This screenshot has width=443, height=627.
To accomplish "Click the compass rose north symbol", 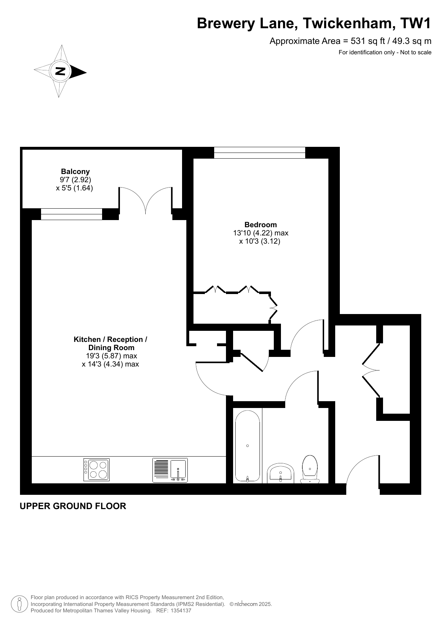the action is coord(60,71).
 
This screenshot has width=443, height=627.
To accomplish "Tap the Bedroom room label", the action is coord(261,225).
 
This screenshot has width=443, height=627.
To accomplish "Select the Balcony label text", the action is coord(75,171).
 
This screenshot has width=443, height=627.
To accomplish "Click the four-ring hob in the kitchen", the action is coord(96,469).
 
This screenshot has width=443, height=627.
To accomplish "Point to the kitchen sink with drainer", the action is coord(170,470).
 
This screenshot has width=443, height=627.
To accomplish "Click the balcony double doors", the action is coord(146,200).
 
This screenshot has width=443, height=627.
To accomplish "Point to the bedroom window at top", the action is coord(260,153).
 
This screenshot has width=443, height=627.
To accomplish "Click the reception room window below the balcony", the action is coord(72,214).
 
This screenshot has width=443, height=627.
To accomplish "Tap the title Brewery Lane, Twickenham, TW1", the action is coord(314,24).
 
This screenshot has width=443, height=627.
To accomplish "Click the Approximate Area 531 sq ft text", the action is coord(350,41).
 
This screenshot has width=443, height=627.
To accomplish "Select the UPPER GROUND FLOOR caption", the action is coord(73,506).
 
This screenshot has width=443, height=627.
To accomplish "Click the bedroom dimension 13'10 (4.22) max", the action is coord(261,233).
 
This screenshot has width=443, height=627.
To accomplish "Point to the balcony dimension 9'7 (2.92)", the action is coord(75,180).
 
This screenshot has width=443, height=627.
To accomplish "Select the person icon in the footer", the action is coord(20,604).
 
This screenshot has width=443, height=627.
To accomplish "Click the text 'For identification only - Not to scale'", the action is coord(385,53).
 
